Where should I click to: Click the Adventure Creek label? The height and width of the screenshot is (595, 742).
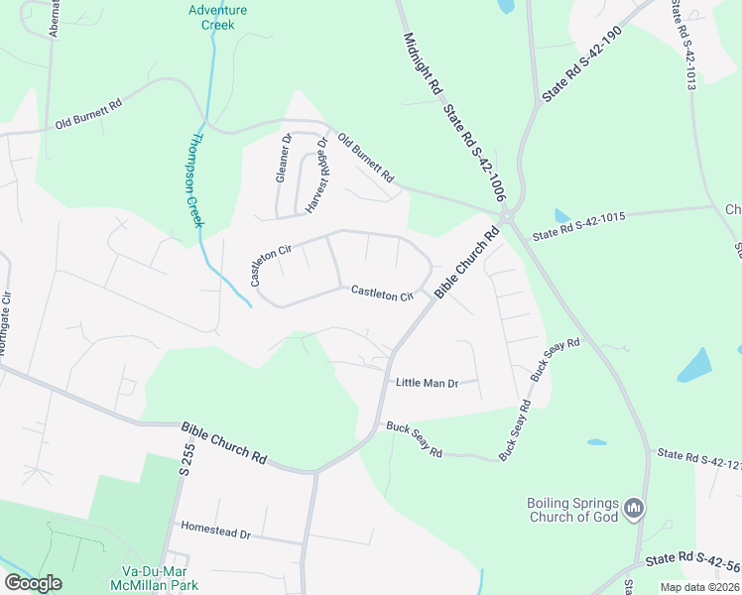[x=217, y=17]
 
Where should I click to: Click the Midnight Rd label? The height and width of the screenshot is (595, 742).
[x=422, y=64]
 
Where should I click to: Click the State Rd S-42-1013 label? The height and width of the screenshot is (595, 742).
[x=681, y=45]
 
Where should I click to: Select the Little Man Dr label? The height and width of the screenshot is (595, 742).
[x=427, y=383]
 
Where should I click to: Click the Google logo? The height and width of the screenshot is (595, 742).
[x=33, y=582]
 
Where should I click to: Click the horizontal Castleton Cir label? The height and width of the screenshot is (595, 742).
[x=382, y=294]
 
